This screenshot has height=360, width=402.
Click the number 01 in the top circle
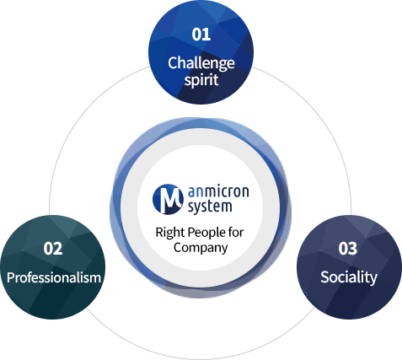tap(201, 35)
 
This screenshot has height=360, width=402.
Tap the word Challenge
tap(201, 63)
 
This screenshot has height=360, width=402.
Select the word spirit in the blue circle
tap(201, 80)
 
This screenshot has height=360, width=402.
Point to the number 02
tap(53, 249)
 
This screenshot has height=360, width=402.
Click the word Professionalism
tap(54, 277)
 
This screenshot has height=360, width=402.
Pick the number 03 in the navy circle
tap(348, 249)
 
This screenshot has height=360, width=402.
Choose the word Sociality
tap(349, 277)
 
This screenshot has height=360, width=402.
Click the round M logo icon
tap(168, 199)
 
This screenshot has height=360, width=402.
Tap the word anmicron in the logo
tap(218, 191)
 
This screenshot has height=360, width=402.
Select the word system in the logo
tap(210, 207)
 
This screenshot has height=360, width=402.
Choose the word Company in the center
tap(201, 248)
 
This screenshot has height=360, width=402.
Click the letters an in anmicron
tap(195, 192)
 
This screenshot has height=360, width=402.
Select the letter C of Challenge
tap(173, 63)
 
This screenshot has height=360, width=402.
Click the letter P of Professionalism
tap(11, 277)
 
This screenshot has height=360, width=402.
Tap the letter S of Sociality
tap(325, 277)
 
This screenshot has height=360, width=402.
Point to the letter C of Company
tap(178, 247)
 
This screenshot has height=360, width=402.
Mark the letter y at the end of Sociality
tap(373, 279)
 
